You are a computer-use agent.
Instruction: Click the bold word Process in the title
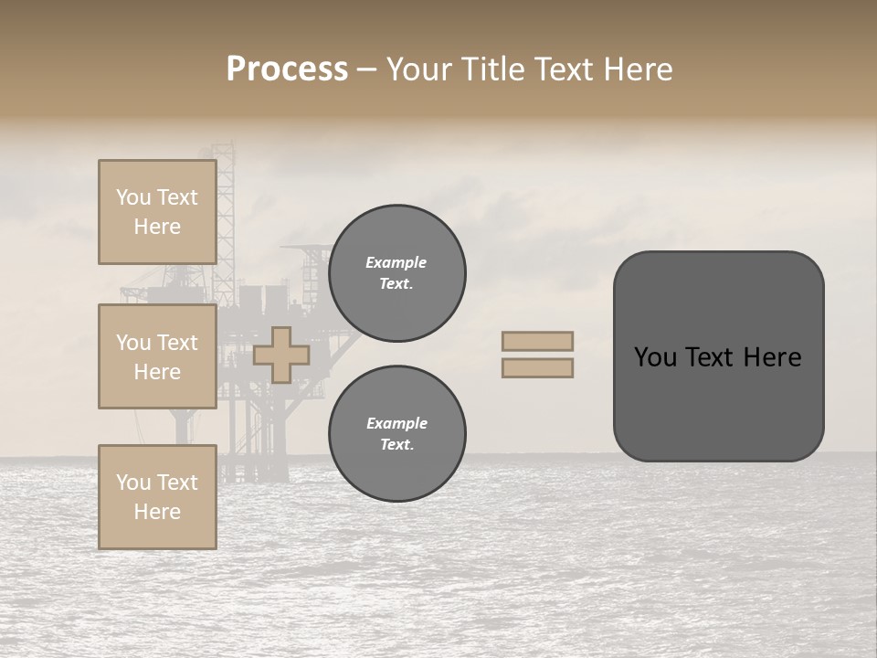287,69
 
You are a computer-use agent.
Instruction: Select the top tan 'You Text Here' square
157,212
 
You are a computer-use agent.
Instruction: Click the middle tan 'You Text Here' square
157,356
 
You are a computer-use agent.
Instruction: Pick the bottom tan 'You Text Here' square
157,497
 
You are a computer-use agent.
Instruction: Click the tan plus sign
281,355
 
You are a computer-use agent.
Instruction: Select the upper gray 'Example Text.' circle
396,273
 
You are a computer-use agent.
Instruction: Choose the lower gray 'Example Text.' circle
396,434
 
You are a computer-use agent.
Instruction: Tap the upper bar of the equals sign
537,341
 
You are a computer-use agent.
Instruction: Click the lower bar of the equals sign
537,367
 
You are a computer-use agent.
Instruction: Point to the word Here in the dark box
772,357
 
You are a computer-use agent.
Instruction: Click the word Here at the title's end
640,69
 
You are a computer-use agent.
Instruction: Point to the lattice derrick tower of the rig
224,210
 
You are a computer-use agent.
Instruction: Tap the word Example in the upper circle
396,263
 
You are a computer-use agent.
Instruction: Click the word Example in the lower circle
396,424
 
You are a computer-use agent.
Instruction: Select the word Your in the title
417,69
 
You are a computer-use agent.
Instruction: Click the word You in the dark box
654,357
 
